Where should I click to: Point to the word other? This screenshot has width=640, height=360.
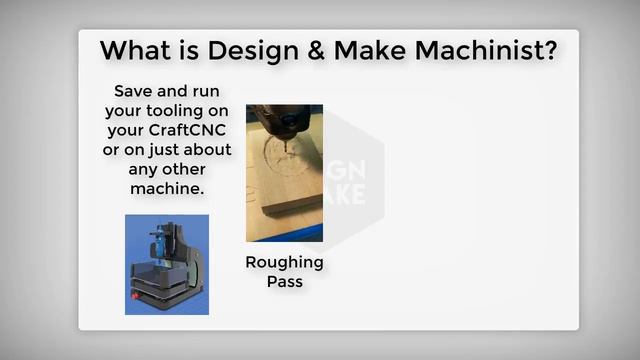tap(192, 169)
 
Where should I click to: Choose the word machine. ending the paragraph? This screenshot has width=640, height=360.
tap(168, 188)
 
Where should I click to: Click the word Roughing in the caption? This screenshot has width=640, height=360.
tap(284, 262)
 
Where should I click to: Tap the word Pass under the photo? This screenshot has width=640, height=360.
tap(284, 281)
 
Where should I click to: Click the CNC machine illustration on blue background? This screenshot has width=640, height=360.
tap(167, 265)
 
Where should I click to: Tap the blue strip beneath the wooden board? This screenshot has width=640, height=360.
tap(284, 235)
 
